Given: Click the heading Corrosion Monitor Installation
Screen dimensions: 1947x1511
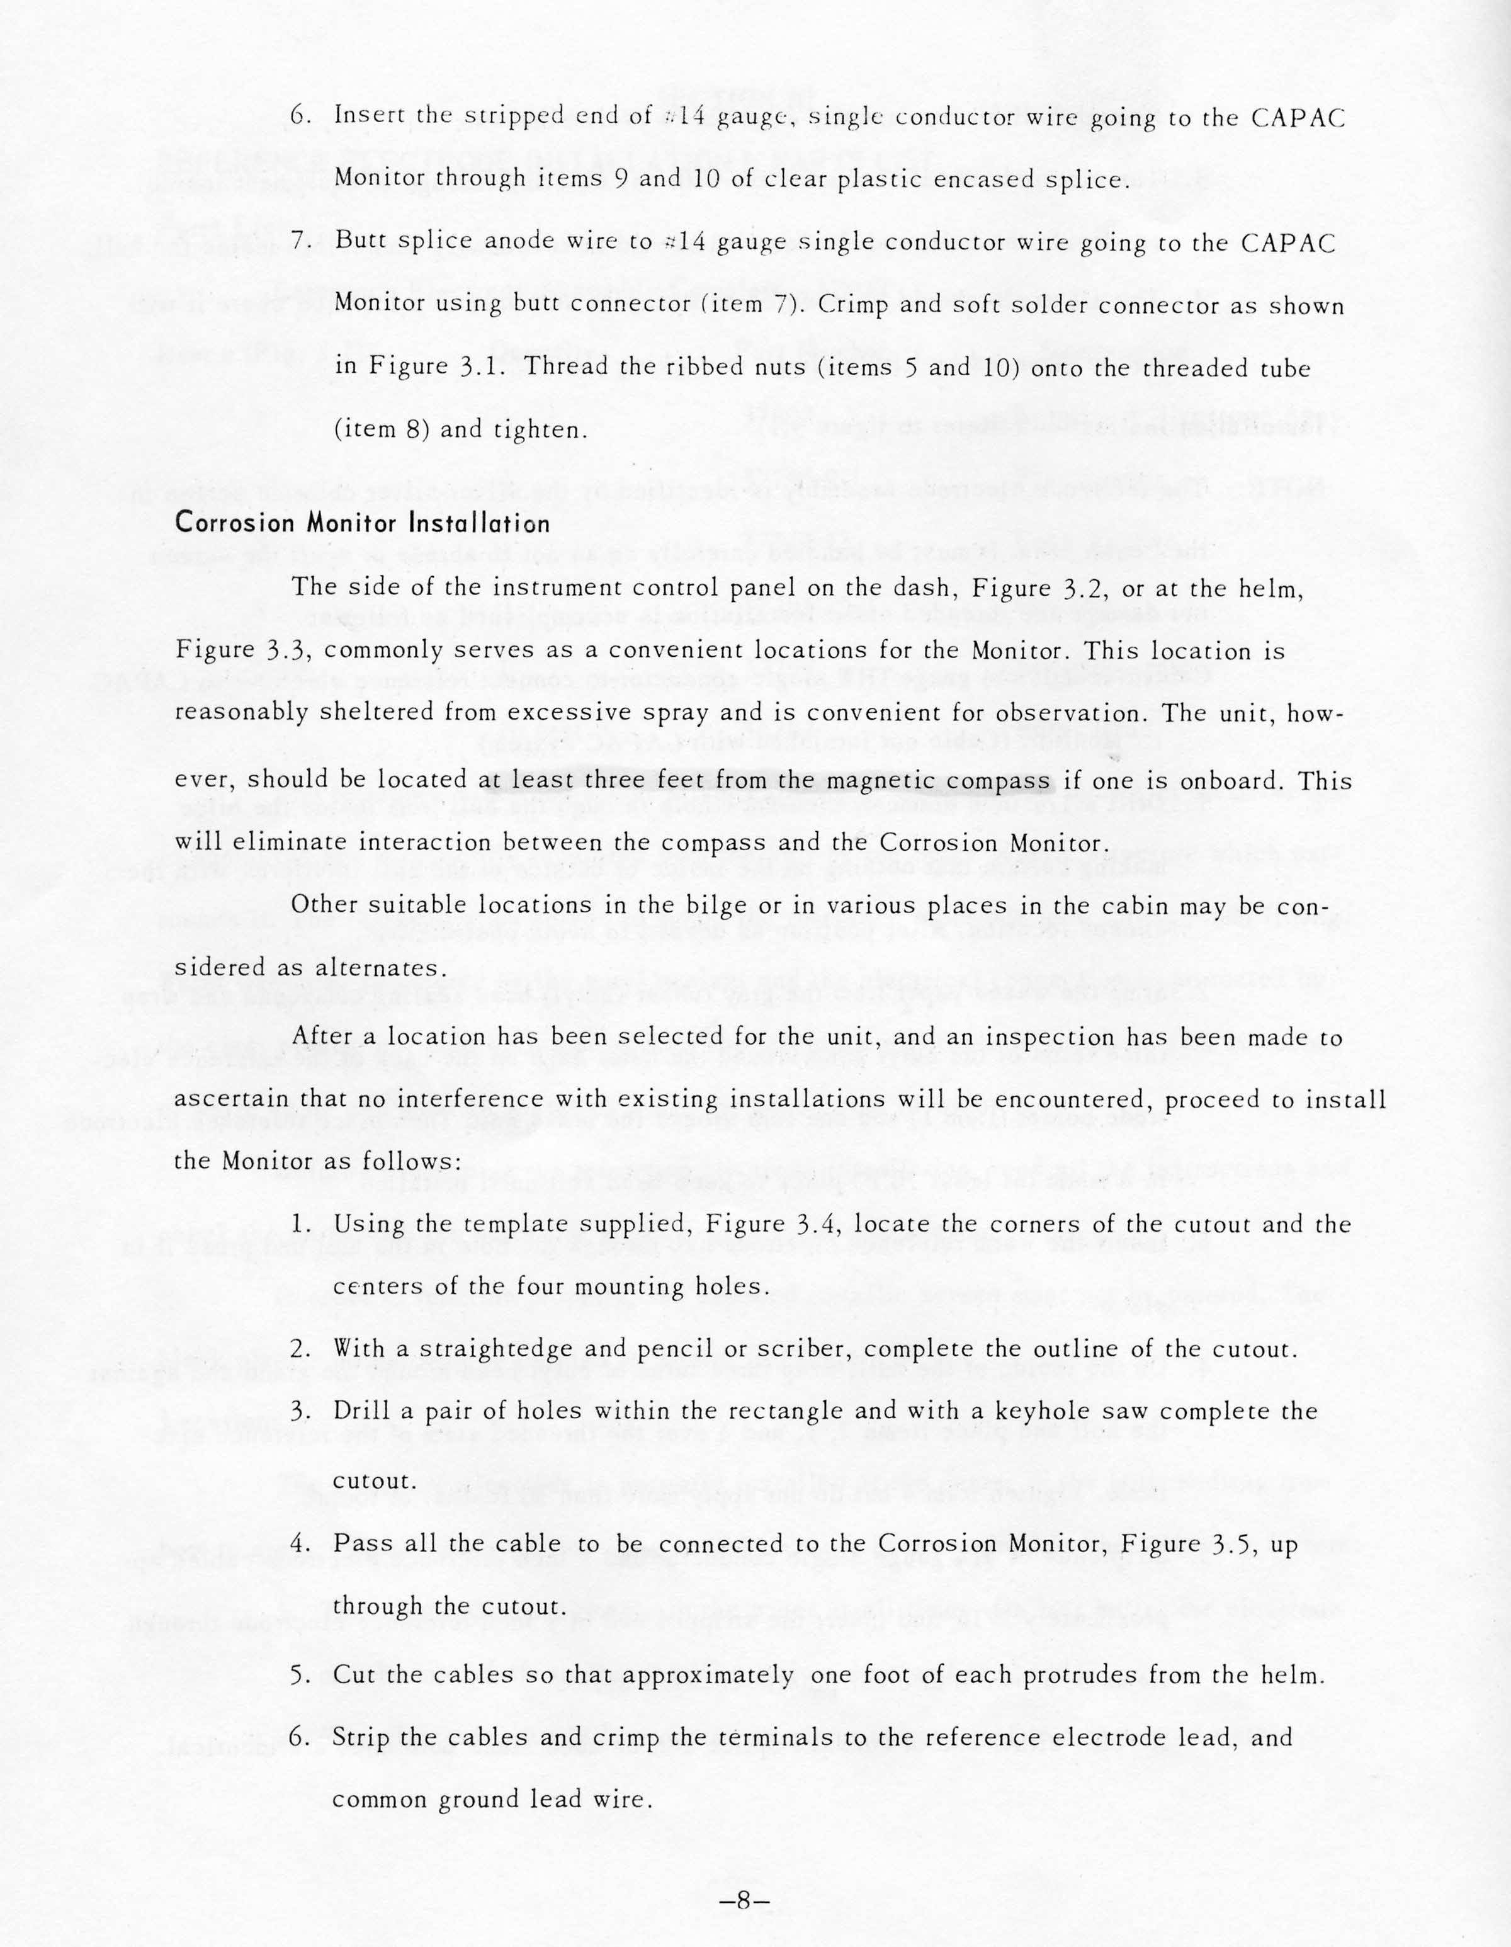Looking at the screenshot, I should click(363, 523).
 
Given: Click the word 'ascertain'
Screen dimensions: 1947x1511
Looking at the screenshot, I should click(233, 1100).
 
